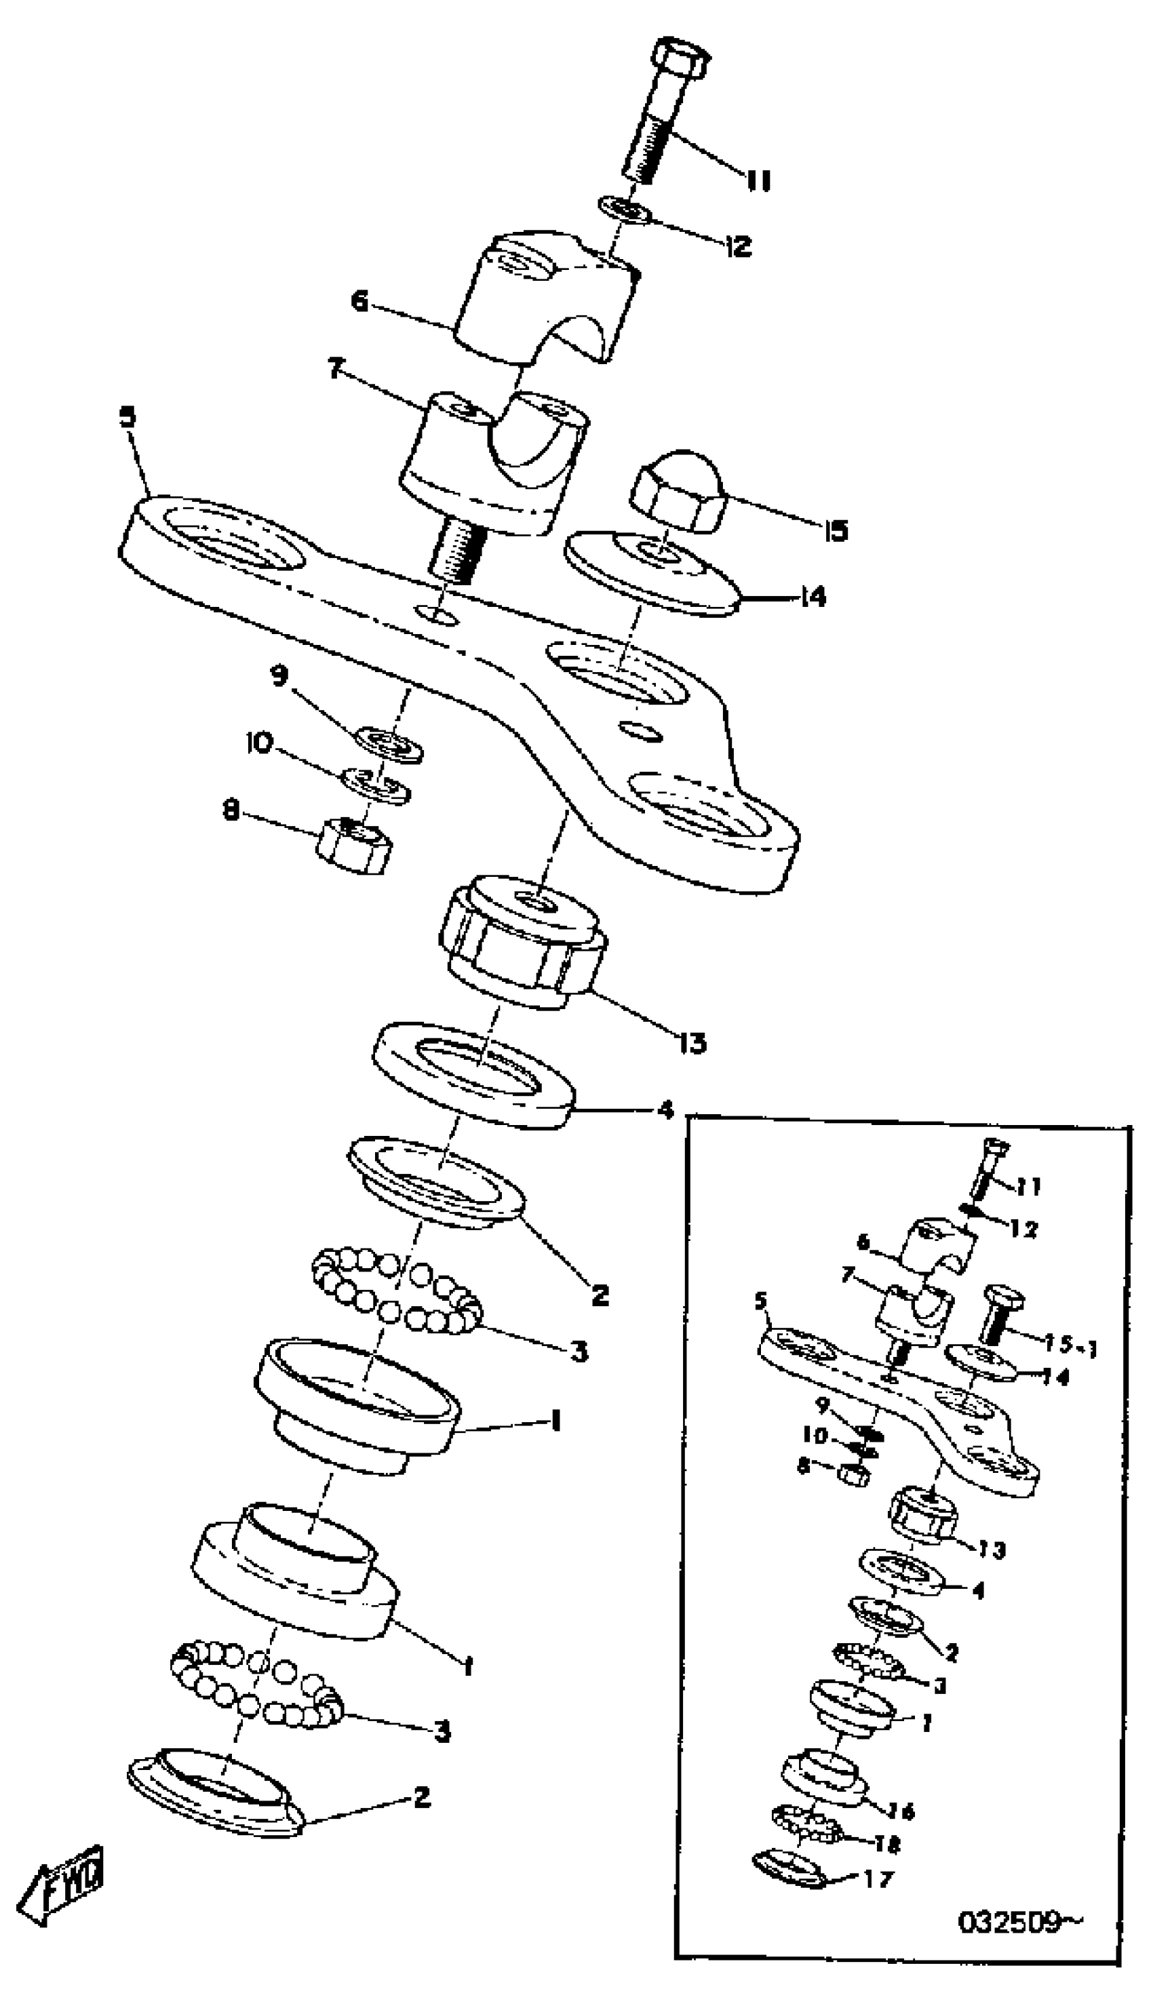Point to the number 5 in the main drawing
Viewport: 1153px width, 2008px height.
(x=127, y=418)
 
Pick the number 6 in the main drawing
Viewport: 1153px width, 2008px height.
(x=360, y=302)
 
